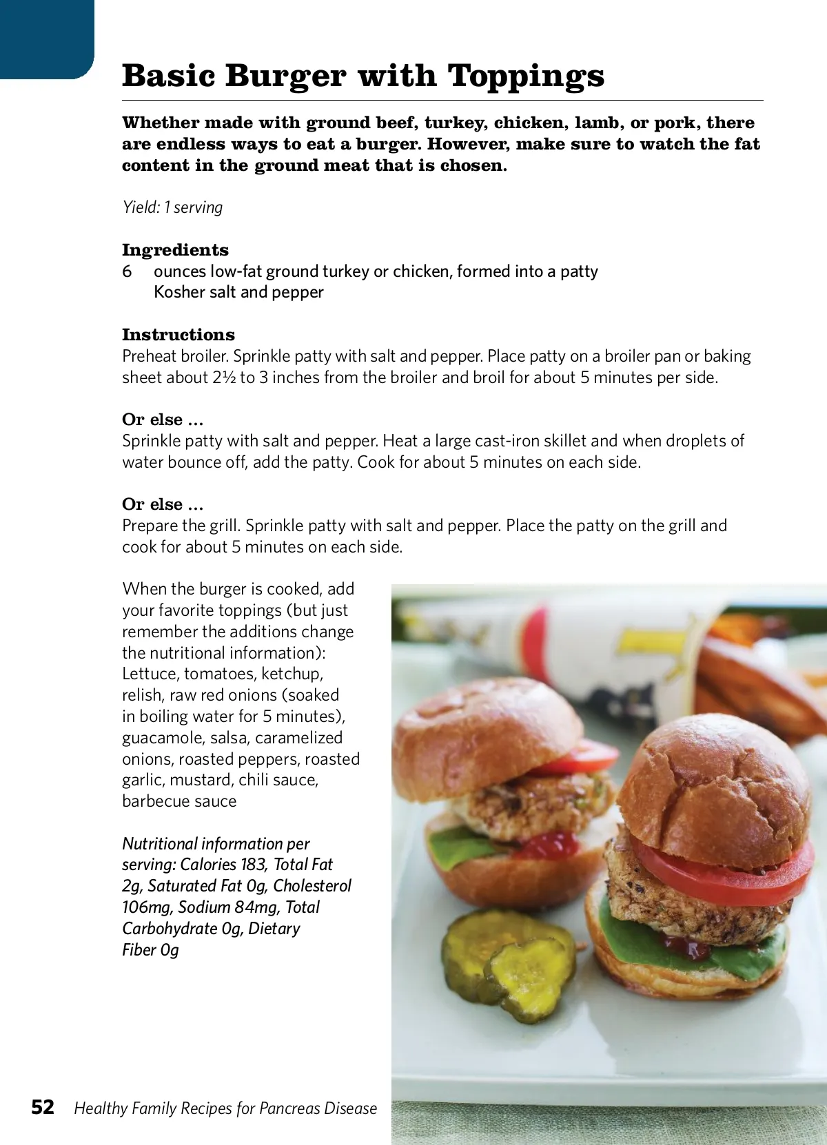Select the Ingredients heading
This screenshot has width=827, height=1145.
coord(175,250)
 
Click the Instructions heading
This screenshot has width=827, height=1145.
coord(178,335)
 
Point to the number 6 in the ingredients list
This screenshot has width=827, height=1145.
coord(127,271)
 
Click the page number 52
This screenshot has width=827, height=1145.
coord(43,1107)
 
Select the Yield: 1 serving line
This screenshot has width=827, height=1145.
coord(172,207)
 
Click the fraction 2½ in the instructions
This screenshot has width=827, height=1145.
coord(224,378)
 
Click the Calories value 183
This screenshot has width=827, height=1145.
coord(253,865)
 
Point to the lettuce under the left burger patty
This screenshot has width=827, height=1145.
coord(458,844)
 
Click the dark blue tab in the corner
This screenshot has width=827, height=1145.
coord(45,38)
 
